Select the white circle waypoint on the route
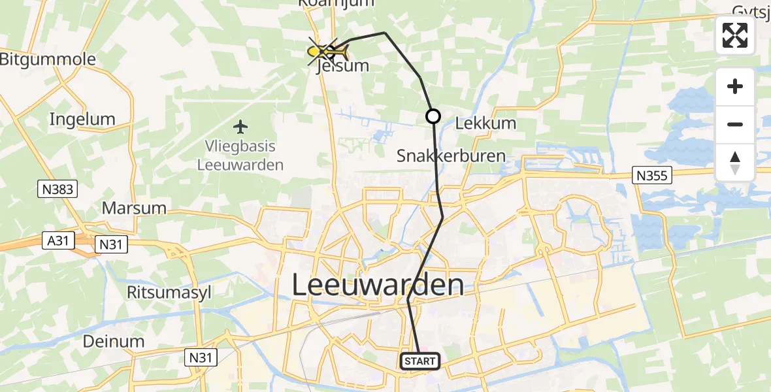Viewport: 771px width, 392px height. tap(433, 117)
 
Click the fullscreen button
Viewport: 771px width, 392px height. tap(735, 35)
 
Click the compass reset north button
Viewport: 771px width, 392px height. tap(735, 163)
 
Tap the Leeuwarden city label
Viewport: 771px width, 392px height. tap(378, 286)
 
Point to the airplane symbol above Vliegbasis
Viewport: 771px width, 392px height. tap(241, 125)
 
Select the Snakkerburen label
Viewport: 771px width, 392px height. tap(451, 155)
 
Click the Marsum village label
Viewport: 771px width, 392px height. tap(134, 209)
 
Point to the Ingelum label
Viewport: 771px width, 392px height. tap(82, 120)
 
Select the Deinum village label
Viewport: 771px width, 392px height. tap(114, 341)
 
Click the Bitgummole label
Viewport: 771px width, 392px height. tap(48, 59)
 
